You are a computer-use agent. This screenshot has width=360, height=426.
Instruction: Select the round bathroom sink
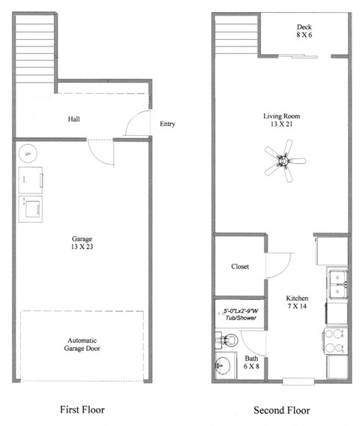(x=223, y=367)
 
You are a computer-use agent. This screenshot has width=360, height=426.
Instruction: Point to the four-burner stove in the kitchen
(x=336, y=342)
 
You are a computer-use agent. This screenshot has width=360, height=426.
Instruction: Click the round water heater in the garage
(x=28, y=153)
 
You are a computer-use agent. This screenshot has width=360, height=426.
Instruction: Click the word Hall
(x=73, y=118)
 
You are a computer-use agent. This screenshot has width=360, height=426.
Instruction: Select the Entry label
(x=167, y=124)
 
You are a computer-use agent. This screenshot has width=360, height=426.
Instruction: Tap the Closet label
(x=240, y=266)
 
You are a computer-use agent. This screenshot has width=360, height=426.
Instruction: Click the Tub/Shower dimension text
(x=240, y=314)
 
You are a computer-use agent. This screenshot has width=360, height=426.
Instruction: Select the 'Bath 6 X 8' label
(x=251, y=362)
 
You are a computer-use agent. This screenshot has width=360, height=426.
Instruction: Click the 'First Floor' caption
(x=82, y=409)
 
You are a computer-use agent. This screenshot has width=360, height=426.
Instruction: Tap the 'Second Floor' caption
(x=282, y=409)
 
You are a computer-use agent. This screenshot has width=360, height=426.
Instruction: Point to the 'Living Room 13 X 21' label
(x=282, y=121)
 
